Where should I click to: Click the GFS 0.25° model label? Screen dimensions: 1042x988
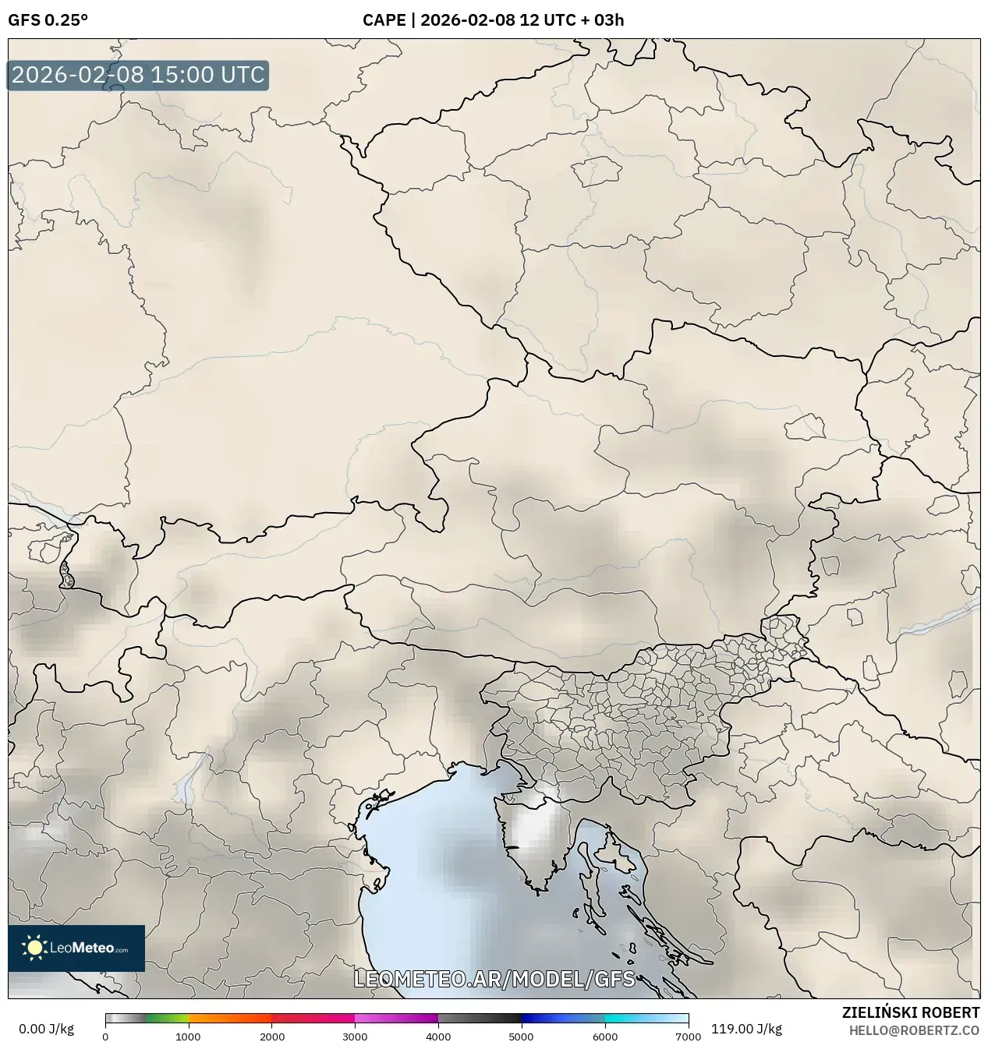[48, 20]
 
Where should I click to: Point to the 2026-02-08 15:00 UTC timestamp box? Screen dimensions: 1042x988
[138, 76]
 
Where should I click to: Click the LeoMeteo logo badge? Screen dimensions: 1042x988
[76, 948]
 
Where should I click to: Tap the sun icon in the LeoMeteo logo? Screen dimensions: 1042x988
[34, 948]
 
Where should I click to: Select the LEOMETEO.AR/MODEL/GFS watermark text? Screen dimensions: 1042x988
[494, 979]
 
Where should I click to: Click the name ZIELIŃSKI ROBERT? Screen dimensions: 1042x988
[910, 1012]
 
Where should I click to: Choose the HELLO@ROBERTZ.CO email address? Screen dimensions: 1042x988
[914, 1030]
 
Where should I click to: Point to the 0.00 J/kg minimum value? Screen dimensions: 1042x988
[47, 1029]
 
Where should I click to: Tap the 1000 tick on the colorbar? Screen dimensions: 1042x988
[188, 1037]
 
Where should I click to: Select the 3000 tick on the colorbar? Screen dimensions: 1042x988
[355, 1037]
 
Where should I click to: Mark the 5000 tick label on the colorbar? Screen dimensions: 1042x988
[521, 1037]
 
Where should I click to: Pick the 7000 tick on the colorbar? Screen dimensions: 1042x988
[688, 1037]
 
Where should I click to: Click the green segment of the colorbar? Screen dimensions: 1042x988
[167, 1019]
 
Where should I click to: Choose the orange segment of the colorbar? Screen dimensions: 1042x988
[230, 1019]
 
